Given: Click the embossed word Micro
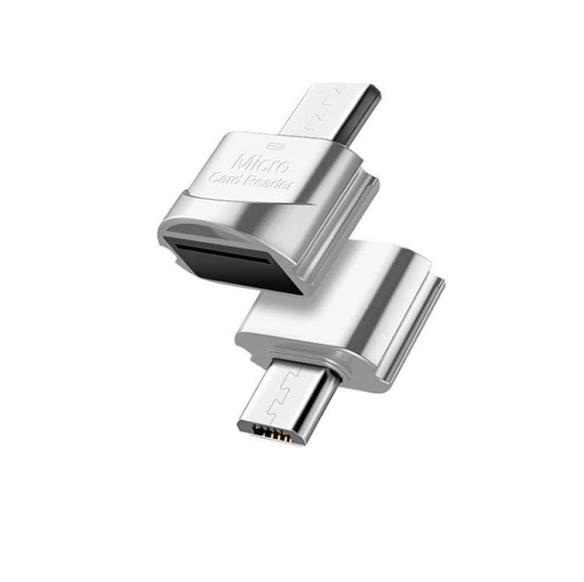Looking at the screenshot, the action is coord(261,163).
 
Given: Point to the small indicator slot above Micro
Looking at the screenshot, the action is coord(276,145).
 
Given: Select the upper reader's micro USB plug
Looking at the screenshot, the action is coord(331,113).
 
